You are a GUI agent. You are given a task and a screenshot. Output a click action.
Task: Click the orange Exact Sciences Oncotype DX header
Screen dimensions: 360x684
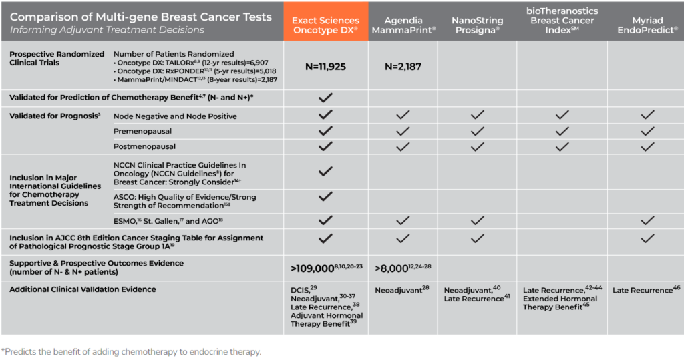(325, 25)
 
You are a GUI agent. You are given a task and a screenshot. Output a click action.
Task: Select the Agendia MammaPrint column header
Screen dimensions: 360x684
(403, 25)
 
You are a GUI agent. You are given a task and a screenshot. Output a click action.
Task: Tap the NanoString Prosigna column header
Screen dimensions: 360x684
(477, 25)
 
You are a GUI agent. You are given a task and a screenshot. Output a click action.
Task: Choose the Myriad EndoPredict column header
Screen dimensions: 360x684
(646, 25)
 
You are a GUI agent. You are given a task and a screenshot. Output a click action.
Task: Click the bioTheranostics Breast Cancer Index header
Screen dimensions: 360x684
(562, 21)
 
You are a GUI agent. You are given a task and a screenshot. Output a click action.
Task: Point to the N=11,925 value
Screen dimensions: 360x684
(325, 67)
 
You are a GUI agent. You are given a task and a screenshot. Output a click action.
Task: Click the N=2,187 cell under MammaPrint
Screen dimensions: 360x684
(403, 67)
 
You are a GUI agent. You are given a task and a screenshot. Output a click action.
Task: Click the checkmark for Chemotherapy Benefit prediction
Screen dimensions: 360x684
(325, 98)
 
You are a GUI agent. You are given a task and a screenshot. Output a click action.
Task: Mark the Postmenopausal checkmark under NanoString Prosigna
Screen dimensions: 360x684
(477, 146)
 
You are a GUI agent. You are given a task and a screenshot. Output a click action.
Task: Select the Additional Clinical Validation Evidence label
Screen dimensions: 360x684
(82, 289)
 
